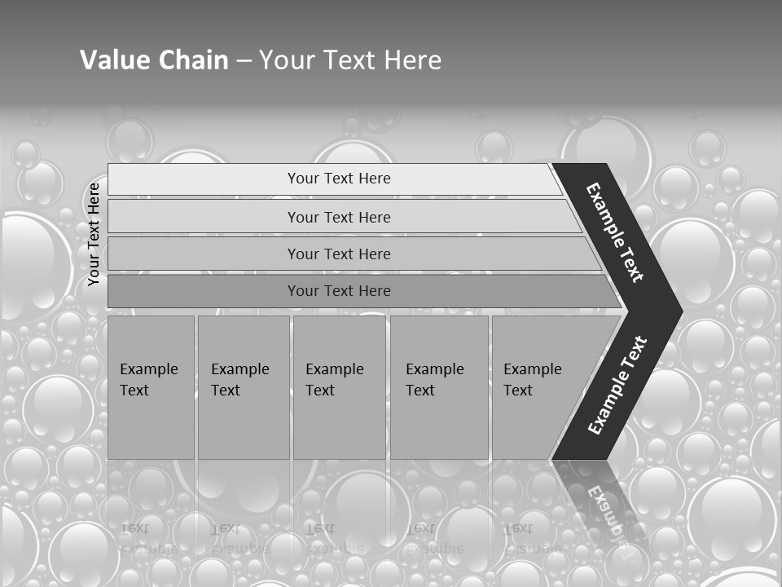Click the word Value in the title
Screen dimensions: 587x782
pos(112,60)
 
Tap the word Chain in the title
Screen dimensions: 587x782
pos(191,60)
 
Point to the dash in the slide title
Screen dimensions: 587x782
pos(244,61)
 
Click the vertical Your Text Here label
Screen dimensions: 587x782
pos(94,234)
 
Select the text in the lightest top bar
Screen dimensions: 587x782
pos(339,179)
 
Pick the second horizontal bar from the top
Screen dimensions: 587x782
pos(339,217)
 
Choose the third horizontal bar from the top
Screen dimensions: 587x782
pos(339,254)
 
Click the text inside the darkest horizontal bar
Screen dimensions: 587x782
pos(339,290)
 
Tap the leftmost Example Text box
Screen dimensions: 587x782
pos(151,386)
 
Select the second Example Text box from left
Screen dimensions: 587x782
pos(243,386)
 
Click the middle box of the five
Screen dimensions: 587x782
pos(339,386)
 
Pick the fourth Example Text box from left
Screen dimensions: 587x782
pos(439,386)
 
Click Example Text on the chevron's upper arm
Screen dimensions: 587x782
pos(615,232)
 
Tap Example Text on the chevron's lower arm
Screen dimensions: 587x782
pos(617,386)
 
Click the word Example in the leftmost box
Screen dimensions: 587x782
pos(148,369)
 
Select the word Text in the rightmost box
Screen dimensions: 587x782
pos(517,391)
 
